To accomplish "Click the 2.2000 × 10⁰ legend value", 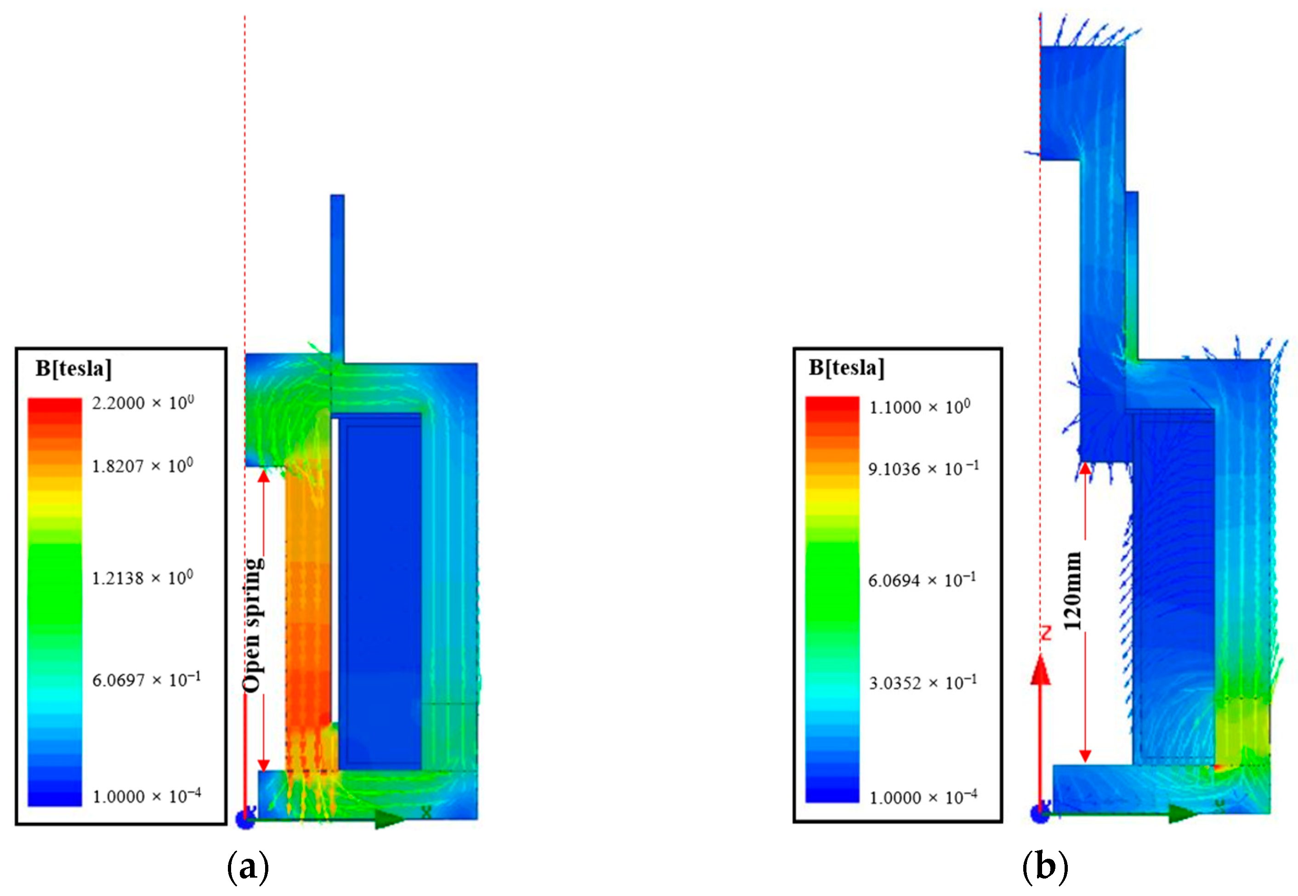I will tap(143, 403).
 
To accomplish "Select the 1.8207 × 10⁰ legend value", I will tap(142, 466).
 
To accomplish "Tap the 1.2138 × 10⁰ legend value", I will tap(142, 578).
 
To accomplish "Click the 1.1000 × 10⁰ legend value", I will tap(919, 406).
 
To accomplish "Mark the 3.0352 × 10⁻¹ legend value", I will tap(923, 683).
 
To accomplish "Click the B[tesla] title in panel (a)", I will tap(74, 368).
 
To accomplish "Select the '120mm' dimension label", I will tap(1072, 591).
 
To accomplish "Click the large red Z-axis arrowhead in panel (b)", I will tap(1041, 671).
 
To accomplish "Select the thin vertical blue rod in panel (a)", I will tap(337, 275).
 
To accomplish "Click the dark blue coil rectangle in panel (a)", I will tap(380, 589).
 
